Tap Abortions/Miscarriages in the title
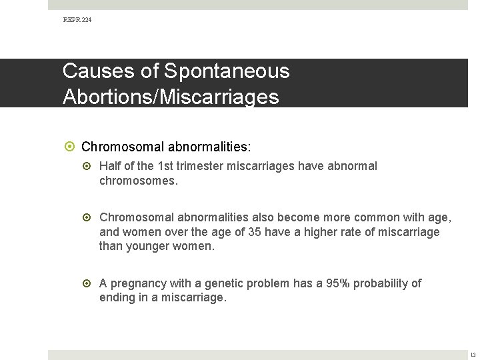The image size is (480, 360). pos(171,97)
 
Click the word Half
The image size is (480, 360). pos(111,166)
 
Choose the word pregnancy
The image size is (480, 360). pos(140,284)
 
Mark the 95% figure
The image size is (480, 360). pos(337,283)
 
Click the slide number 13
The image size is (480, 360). pos(472,354)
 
